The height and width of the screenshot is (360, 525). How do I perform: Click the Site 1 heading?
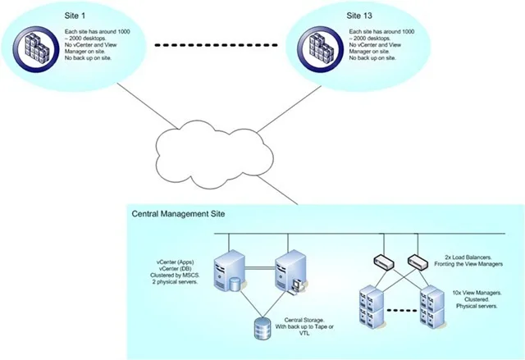pos(75,16)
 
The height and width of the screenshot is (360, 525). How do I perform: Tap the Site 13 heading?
pos(359,16)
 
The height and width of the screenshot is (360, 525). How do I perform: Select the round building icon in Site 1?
pos(36,49)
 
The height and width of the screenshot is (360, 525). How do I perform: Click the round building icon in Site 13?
pos(321,49)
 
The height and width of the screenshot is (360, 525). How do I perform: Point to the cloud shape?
pos(214,154)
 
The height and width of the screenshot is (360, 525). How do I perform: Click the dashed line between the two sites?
pos(217,45)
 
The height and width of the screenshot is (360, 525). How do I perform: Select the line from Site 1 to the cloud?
pos(147,106)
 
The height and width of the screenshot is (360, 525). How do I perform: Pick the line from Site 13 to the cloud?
pos(290,109)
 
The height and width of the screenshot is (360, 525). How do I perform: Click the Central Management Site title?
pos(178,214)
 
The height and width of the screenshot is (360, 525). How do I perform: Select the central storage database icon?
pos(262,328)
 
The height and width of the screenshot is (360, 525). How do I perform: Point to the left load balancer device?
pos(384,262)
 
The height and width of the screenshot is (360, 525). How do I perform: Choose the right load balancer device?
pos(418,262)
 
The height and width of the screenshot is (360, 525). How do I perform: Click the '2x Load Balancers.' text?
pos(468,257)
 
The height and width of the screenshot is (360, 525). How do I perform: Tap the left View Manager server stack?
pos(372,307)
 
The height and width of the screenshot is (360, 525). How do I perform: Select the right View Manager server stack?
pos(432,307)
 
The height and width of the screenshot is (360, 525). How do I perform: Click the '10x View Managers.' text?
pos(477,293)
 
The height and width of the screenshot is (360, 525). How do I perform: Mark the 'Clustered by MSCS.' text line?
pos(175,275)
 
